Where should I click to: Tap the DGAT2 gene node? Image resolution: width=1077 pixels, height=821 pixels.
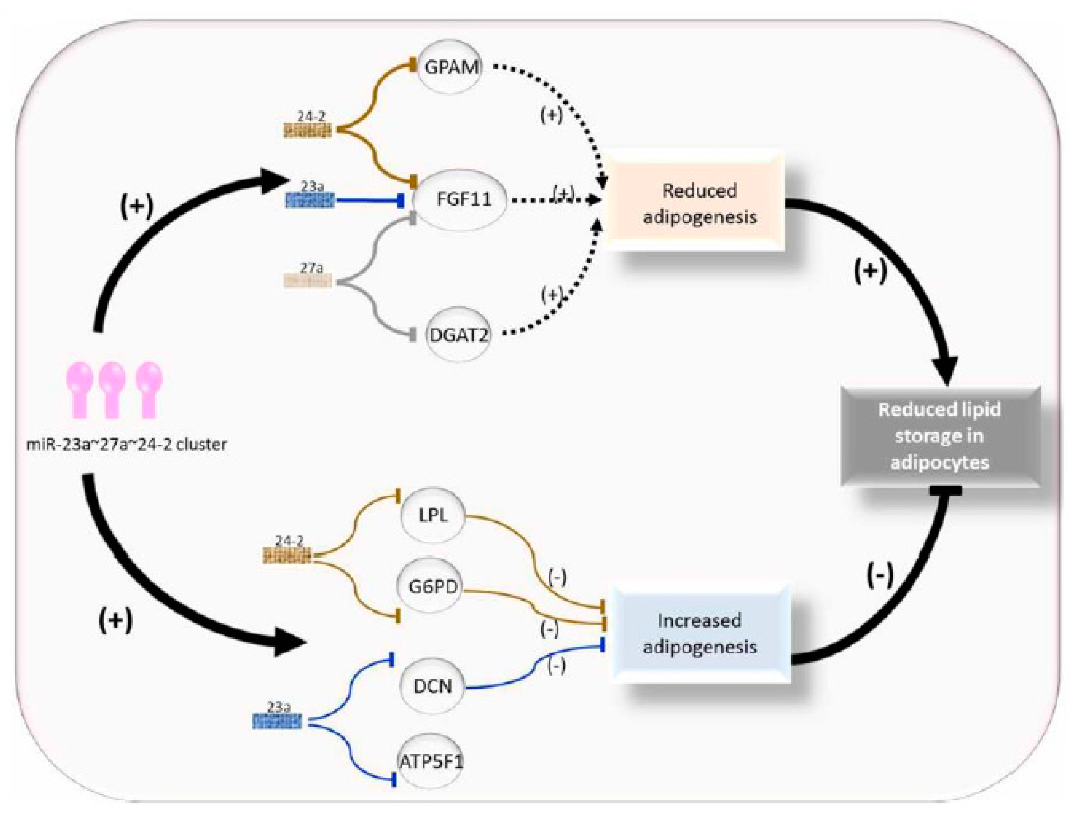click(x=458, y=335)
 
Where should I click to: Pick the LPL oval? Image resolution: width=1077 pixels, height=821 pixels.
click(x=432, y=515)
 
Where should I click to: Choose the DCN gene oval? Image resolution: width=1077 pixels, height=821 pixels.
click(x=432, y=687)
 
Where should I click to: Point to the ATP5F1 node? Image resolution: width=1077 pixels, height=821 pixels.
click(x=430, y=761)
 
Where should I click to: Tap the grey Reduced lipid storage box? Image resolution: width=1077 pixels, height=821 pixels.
click(x=939, y=436)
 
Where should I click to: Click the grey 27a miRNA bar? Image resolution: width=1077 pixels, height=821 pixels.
click(x=308, y=281)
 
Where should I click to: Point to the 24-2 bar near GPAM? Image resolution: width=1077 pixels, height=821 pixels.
click(x=308, y=131)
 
